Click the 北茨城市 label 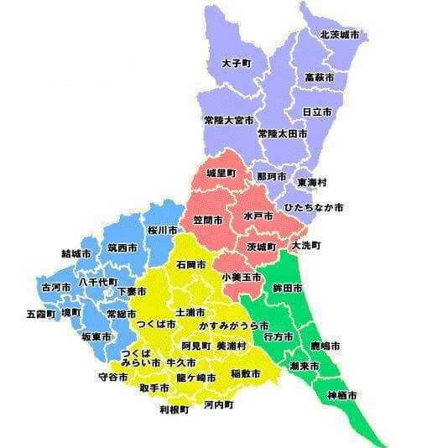point(340,35)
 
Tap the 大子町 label point(237,63)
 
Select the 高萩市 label point(320,77)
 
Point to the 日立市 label point(316,112)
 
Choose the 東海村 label point(312,182)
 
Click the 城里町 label point(221,174)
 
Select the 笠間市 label point(208,220)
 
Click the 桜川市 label point(162,230)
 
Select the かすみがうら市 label point(234,325)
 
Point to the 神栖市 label point(341,395)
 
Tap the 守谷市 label point(113,378)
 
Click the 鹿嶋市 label point(325,346)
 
